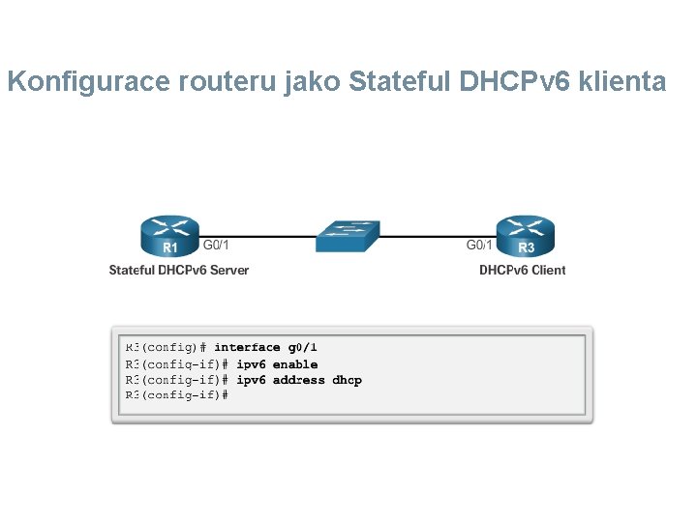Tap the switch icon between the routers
pyautogui.click(x=348, y=233)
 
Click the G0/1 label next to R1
pyautogui.click(x=216, y=246)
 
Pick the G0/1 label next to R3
pyautogui.click(x=480, y=246)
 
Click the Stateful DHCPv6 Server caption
pyautogui.click(x=179, y=270)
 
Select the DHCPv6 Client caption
pyautogui.click(x=522, y=270)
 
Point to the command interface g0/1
pyautogui.click(x=266, y=347)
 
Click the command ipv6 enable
pyautogui.click(x=277, y=364)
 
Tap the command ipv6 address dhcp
pyautogui.click(x=299, y=380)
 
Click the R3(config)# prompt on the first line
pyautogui.click(x=167, y=347)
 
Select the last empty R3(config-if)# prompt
pyautogui.click(x=176, y=395)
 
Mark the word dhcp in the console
pyautogui.click(x=347, y=380)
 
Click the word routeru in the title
pyautogui.click(x=228, y=82)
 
